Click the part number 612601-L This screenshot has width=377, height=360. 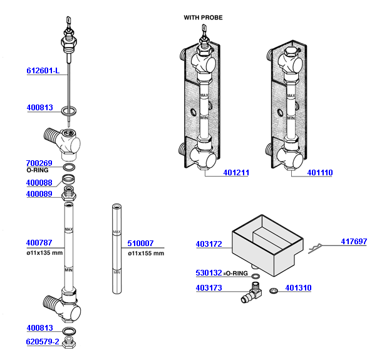point(43,71)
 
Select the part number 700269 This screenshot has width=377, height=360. point(39,163)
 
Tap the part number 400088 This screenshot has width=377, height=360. point(39,183)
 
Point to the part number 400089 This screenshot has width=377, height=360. point(39,194)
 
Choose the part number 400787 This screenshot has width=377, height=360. point(39,243)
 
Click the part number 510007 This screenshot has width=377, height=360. point(140,244)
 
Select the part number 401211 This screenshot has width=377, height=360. point(235,173)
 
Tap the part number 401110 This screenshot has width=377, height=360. point(320,173)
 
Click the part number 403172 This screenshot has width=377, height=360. point(208,244)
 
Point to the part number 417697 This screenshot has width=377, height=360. point(354,242)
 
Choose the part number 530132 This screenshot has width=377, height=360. point(208,274)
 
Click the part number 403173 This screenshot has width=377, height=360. point(208,288)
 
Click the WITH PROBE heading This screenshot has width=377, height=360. point(203,18)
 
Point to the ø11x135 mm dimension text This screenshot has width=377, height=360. point(44,253)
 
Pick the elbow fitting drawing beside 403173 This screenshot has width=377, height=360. point(252,292)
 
